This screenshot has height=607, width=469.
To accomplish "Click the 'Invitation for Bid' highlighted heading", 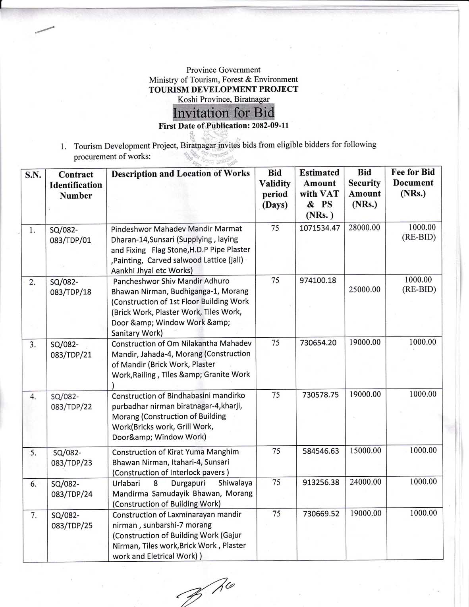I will (x=224, y=113).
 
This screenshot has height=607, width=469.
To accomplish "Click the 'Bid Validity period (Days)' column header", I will (x=275, y=189).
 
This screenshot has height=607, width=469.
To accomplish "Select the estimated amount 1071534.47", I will (x=320, y=228).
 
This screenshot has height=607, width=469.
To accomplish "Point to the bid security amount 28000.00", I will (x=364, y=228).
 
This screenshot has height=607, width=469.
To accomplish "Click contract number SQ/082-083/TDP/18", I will (x=71, y=287).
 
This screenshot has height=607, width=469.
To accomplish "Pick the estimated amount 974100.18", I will (x=318, y=280).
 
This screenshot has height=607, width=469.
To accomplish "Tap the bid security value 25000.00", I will (x=365, y=290).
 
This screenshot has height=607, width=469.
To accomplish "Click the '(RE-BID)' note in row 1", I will (x=419, y=238).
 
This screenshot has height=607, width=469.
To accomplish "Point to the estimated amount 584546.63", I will (x=320, y=451).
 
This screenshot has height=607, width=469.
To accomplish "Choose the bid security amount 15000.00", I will (x=365, y=450).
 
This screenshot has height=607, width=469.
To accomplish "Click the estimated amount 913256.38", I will (x=321, y=482).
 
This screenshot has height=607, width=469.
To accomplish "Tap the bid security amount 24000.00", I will (x=365, y=482).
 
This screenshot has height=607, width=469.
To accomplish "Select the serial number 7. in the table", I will (x=34, y=515).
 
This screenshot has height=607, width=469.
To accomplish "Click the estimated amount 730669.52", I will (x=321, y=514).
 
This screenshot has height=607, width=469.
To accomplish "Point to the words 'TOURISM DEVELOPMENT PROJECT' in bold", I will (x=223, y=89).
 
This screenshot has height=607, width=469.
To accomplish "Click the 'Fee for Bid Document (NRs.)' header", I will (x=413, y=183).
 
